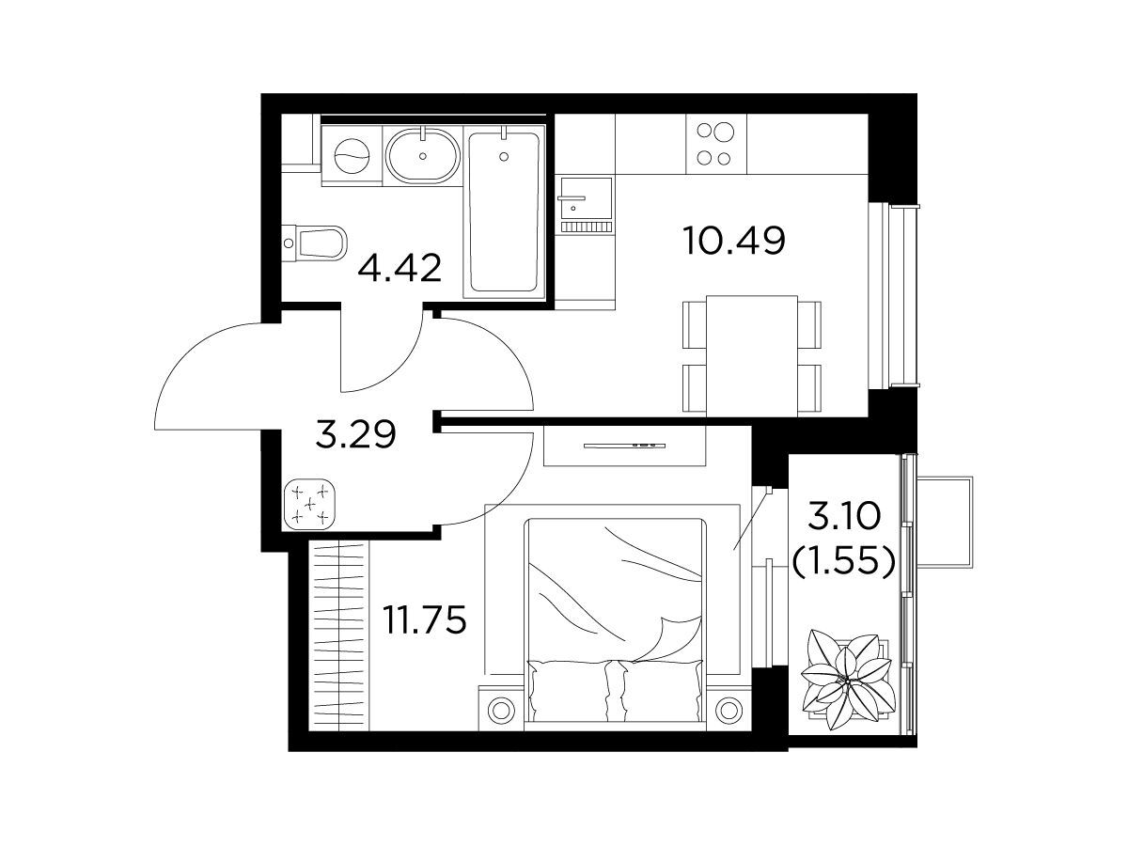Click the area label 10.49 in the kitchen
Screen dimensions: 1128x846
734,241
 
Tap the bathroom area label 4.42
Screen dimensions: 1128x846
399,268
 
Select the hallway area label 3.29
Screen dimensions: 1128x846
355,434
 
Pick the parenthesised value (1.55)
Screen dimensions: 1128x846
844,561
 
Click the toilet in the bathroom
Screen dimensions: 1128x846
315,243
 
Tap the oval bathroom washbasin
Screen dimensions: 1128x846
422,156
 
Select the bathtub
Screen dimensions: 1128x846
504,211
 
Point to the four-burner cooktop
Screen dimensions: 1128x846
716,144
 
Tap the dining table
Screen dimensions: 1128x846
752,355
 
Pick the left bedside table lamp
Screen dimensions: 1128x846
500,711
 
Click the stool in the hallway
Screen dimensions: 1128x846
310,504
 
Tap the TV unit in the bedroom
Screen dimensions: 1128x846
624,446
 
